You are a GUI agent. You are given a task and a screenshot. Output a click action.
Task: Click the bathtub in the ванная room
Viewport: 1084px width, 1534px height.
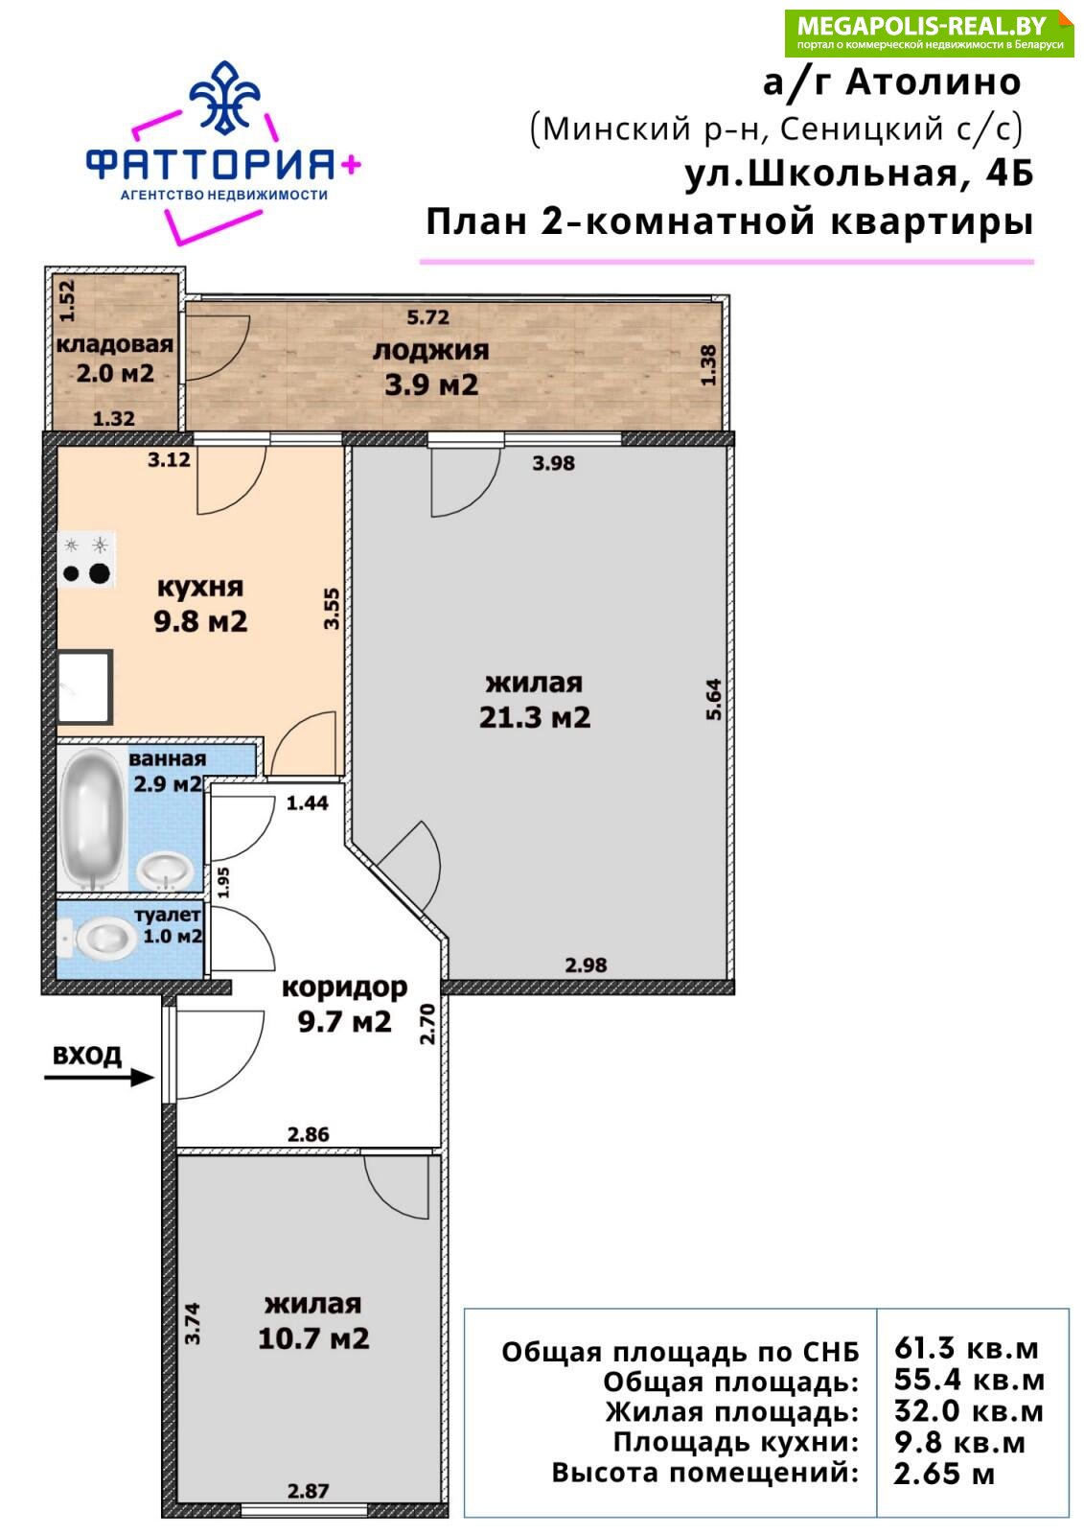click(94, 819)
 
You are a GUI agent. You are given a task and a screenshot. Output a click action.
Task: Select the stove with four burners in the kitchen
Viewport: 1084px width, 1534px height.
click(86, 559)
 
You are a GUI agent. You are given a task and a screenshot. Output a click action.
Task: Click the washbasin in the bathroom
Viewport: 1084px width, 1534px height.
click(165, 872)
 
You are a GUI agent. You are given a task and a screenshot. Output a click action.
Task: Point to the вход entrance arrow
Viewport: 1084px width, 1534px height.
click(100, 1078)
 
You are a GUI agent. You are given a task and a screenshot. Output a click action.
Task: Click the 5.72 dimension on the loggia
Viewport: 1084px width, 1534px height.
click(428, 317)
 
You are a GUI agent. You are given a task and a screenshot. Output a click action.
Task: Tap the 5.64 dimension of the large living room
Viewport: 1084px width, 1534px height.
click(713, 699)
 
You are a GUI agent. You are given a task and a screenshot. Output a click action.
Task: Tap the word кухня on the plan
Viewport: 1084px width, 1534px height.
click(200, 588)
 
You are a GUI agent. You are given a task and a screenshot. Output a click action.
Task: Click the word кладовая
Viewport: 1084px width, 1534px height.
click(114, 344)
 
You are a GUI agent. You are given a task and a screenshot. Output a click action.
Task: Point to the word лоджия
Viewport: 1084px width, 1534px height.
click(430, 350)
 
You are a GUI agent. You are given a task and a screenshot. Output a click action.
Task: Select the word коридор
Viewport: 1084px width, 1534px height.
click(344, 988)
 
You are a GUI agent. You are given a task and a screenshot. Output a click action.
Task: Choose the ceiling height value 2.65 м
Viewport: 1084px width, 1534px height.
click(944, 1474)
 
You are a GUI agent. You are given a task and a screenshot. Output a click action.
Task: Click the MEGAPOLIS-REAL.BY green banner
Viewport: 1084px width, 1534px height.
click(930, 33)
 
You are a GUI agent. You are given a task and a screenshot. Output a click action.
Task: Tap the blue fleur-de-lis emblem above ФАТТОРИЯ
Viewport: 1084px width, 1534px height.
click(224, 97)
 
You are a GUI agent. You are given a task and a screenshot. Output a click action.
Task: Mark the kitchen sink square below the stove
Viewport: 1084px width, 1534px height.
click(85, 686)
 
